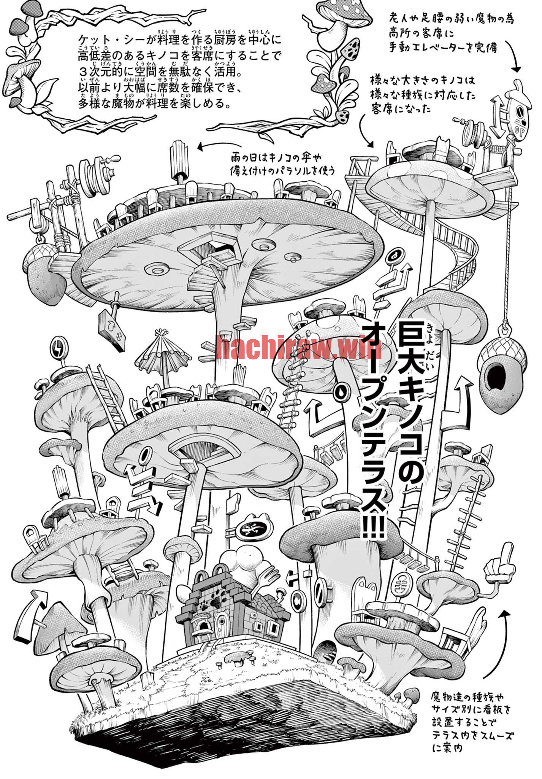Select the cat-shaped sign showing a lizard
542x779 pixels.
click(255, 529)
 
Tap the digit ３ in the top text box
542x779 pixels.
click(84, 72)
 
